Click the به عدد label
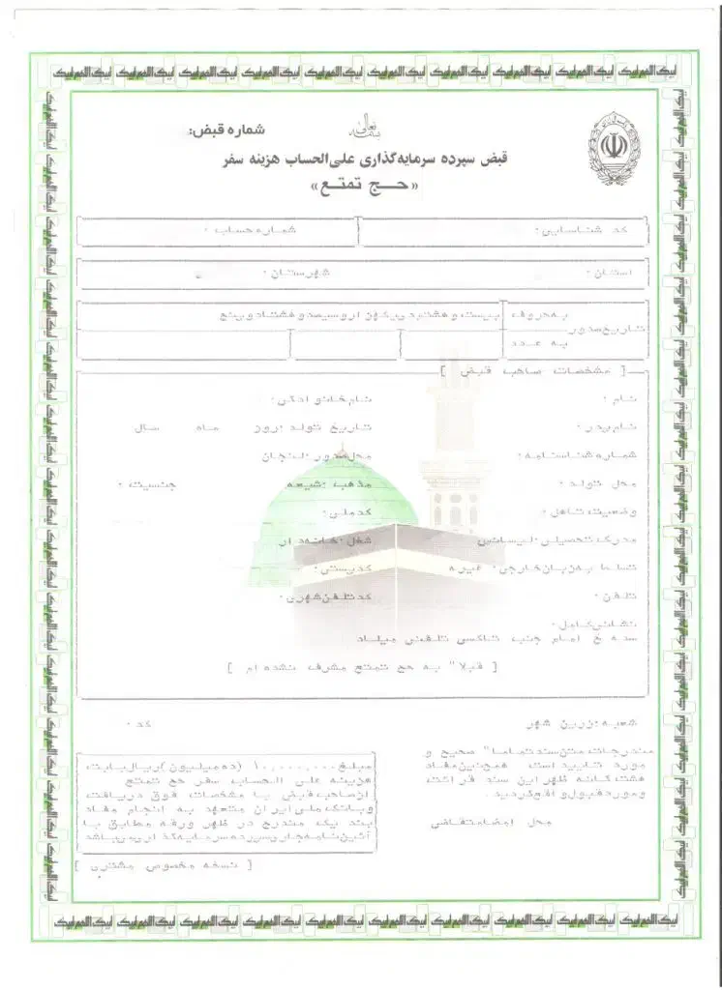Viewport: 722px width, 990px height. [x=532, y=343]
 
